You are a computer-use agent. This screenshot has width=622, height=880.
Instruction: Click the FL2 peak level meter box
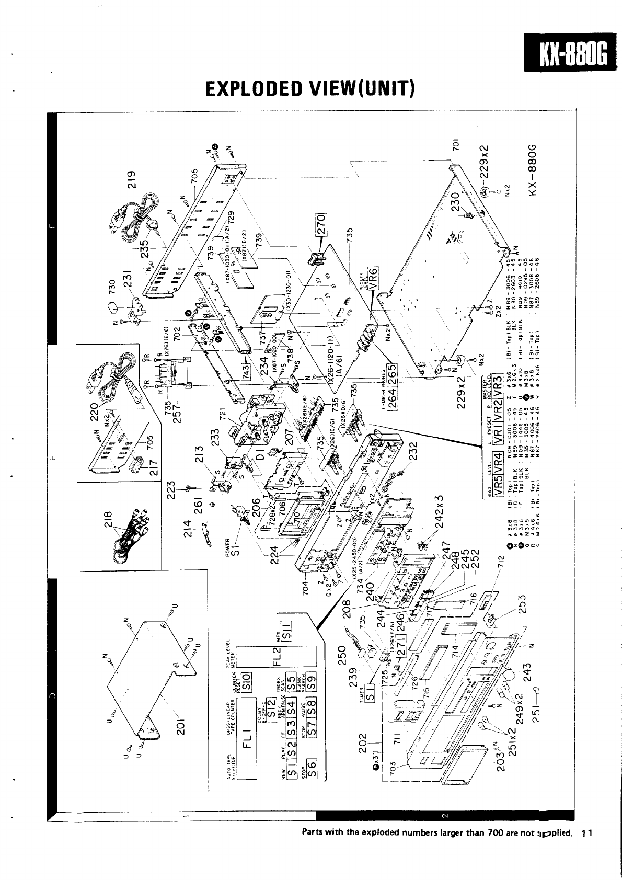pyautogui.click(x=279, y=660)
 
